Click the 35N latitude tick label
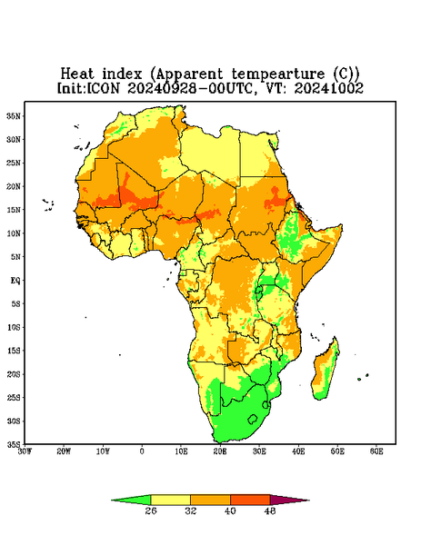click(14, 116)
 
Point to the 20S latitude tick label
click(14, 374)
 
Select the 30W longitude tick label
click(25, 451)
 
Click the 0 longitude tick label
click(142, 451)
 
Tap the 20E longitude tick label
click(220, 451)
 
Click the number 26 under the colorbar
click(151, 510)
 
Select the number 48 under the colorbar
click(270, 510)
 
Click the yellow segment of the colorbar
click(170, 500)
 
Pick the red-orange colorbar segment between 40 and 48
click(250, 500)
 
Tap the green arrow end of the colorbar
click(131, 500)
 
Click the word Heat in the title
click(77, 74)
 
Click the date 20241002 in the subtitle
click(329, 88)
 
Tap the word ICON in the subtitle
click(103, 88)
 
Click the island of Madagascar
click(326, 372)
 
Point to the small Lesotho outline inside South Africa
click(253, 419)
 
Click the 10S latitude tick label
click(14, 327)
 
